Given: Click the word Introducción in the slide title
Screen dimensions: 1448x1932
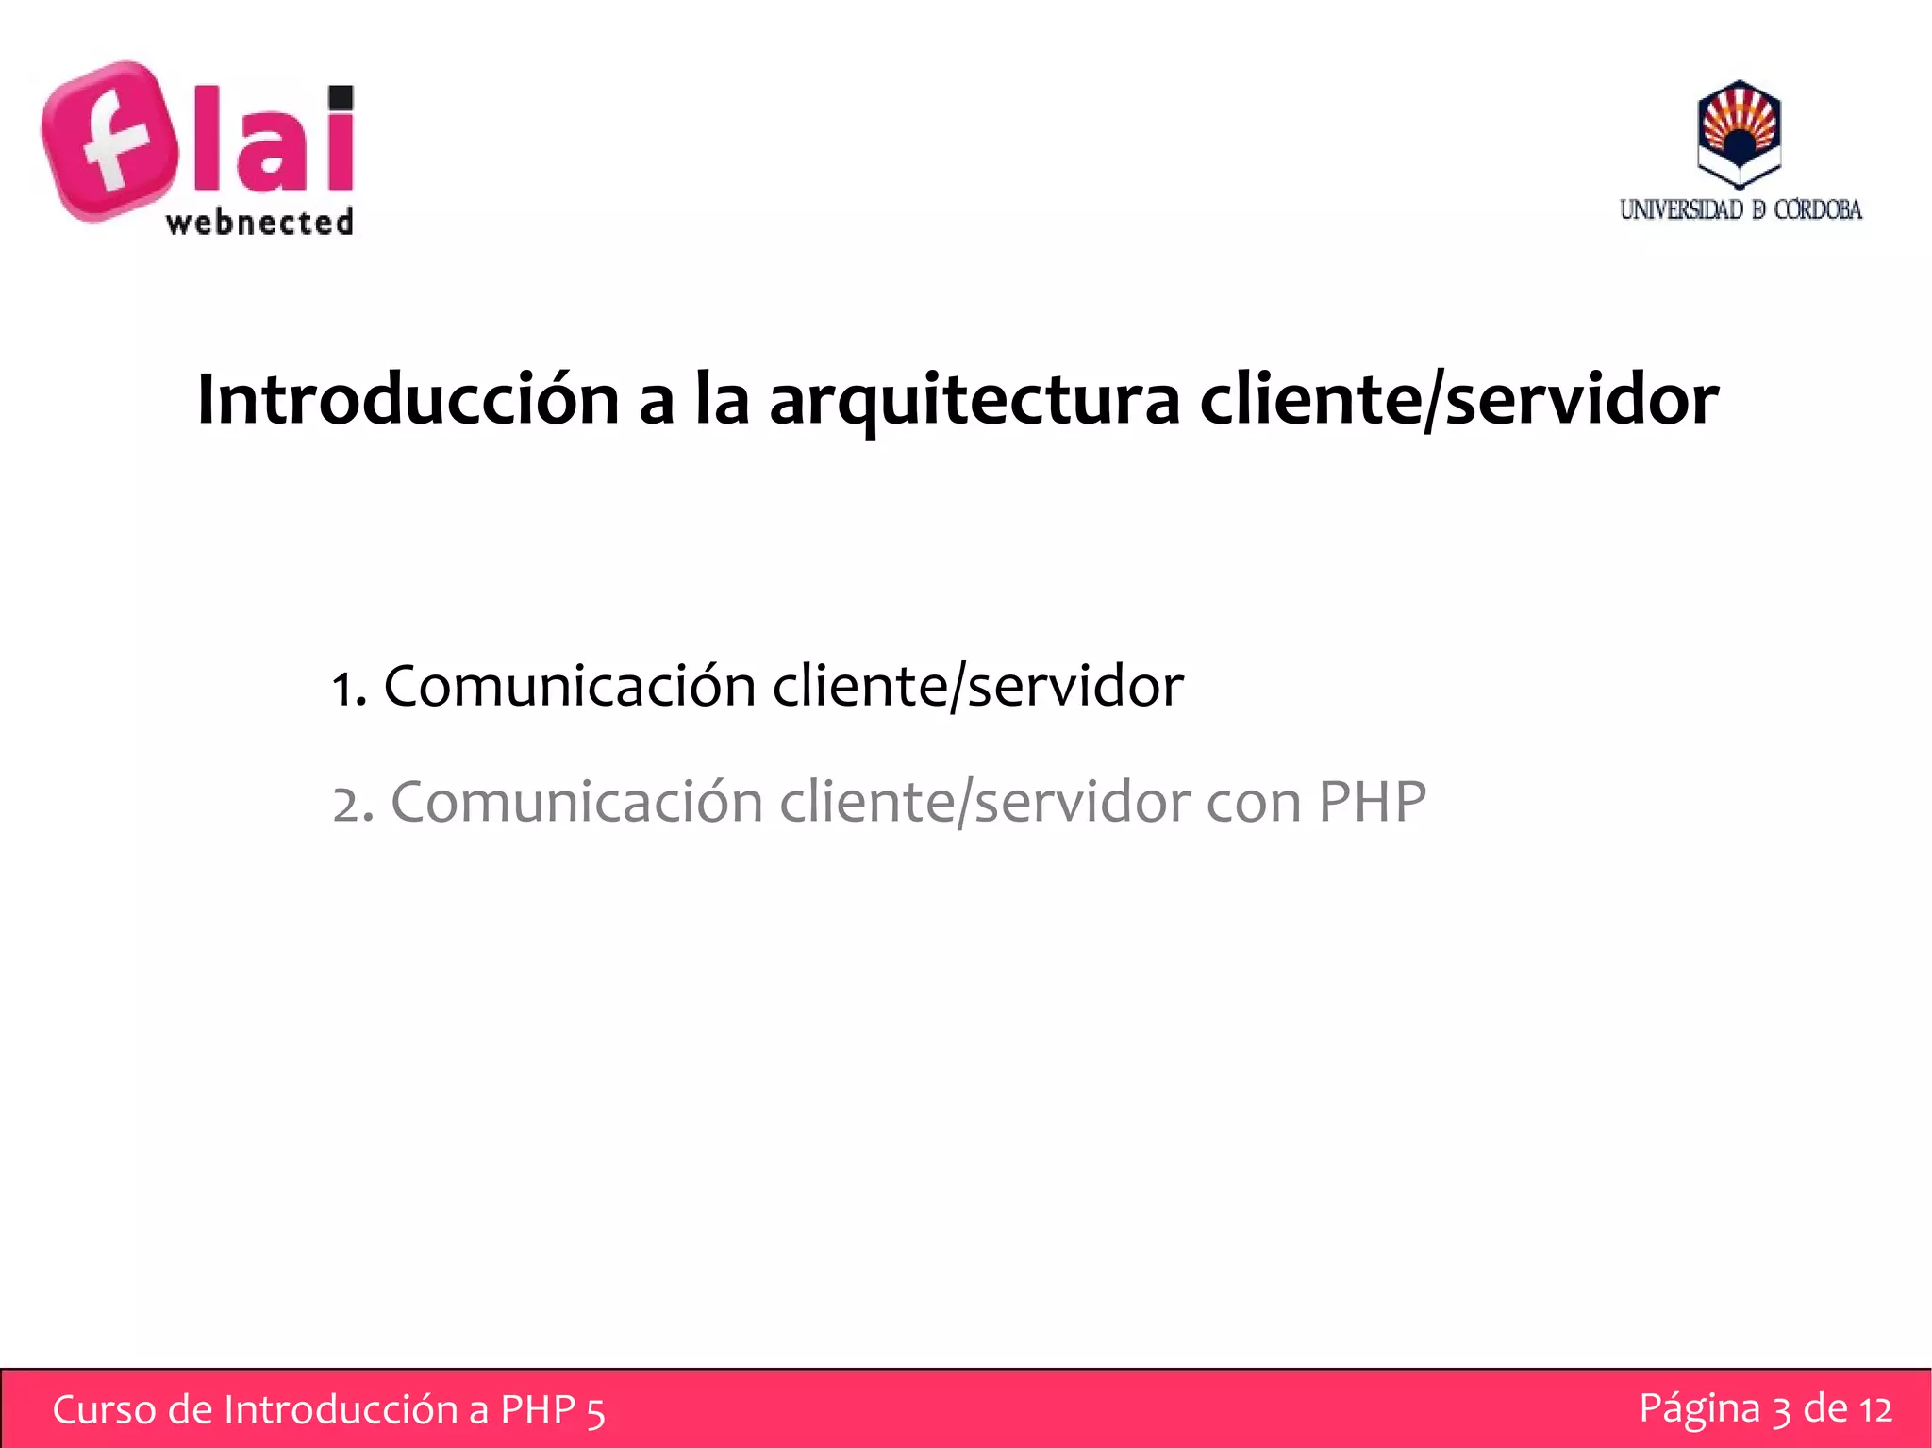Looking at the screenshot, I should [x=408, y=400].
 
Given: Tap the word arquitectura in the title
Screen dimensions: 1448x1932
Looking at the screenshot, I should [x=974, y=400].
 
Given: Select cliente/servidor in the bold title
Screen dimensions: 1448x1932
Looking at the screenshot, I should [x=1459, y=400].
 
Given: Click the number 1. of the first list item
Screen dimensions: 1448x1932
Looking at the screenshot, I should [x=348, y=688].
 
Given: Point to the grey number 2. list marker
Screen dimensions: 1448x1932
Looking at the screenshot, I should [x=353, y=805].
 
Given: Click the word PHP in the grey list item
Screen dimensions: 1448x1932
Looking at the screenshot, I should [x=1372, y=803].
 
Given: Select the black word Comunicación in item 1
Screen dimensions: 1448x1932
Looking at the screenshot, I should [x=570, y=686].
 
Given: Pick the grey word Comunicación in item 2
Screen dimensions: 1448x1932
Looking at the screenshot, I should [x=576, y=803].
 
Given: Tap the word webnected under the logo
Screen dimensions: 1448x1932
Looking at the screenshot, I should [x=259, y=223].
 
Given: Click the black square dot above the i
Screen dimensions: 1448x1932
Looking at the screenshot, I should [x=341, y=98].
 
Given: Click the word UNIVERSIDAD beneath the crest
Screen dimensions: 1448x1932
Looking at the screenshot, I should [x=1681, y=209].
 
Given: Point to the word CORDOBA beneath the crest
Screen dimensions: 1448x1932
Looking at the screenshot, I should [x=1818, y=209].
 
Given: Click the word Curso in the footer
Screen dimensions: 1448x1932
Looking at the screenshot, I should [x=104, y=1409].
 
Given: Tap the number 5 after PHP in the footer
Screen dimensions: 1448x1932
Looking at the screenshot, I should [x=595, y=1412].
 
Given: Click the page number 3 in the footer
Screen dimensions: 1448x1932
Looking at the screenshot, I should [x=1781, y=1410].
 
